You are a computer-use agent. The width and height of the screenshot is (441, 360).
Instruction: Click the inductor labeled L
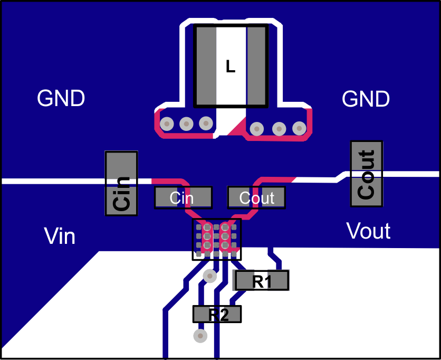[x=231, y=65]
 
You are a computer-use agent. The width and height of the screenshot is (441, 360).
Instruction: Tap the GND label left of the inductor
[x=61, y=99]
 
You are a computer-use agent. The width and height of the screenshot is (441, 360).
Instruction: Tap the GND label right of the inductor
[x=366, y=99]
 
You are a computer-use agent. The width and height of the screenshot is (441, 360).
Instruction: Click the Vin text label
[x=60, y=236]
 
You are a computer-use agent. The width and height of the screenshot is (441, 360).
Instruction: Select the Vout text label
[x=368, y=231]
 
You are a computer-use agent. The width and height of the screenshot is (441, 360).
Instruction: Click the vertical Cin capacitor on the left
[x=121, y=183]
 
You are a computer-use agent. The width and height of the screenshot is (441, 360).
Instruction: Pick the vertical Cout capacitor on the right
[x=367, y=174]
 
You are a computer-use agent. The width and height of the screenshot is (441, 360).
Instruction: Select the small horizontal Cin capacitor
[x=183, y=197]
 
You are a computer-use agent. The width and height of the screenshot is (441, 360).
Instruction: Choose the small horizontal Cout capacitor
[x=256, y=197]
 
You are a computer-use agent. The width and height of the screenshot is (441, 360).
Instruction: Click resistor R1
[x=262, y=280]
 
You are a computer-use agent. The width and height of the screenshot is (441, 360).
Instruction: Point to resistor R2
[x=217, y=314]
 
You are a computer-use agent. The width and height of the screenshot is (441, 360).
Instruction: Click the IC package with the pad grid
[x=216, y=239]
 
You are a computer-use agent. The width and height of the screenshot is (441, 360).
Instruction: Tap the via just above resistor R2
[x=210, y=276]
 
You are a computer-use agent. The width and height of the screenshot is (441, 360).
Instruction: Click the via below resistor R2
[x=200, y=335]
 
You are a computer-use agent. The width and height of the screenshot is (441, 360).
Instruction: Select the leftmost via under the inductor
[x=167, y=124]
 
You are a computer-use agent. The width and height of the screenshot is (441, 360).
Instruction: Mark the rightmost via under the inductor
[x=299, y=128]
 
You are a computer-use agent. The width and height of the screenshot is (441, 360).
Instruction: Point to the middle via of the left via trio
[x=186, y=124]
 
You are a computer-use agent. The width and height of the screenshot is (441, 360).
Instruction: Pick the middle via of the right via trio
[x=279, y=128]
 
